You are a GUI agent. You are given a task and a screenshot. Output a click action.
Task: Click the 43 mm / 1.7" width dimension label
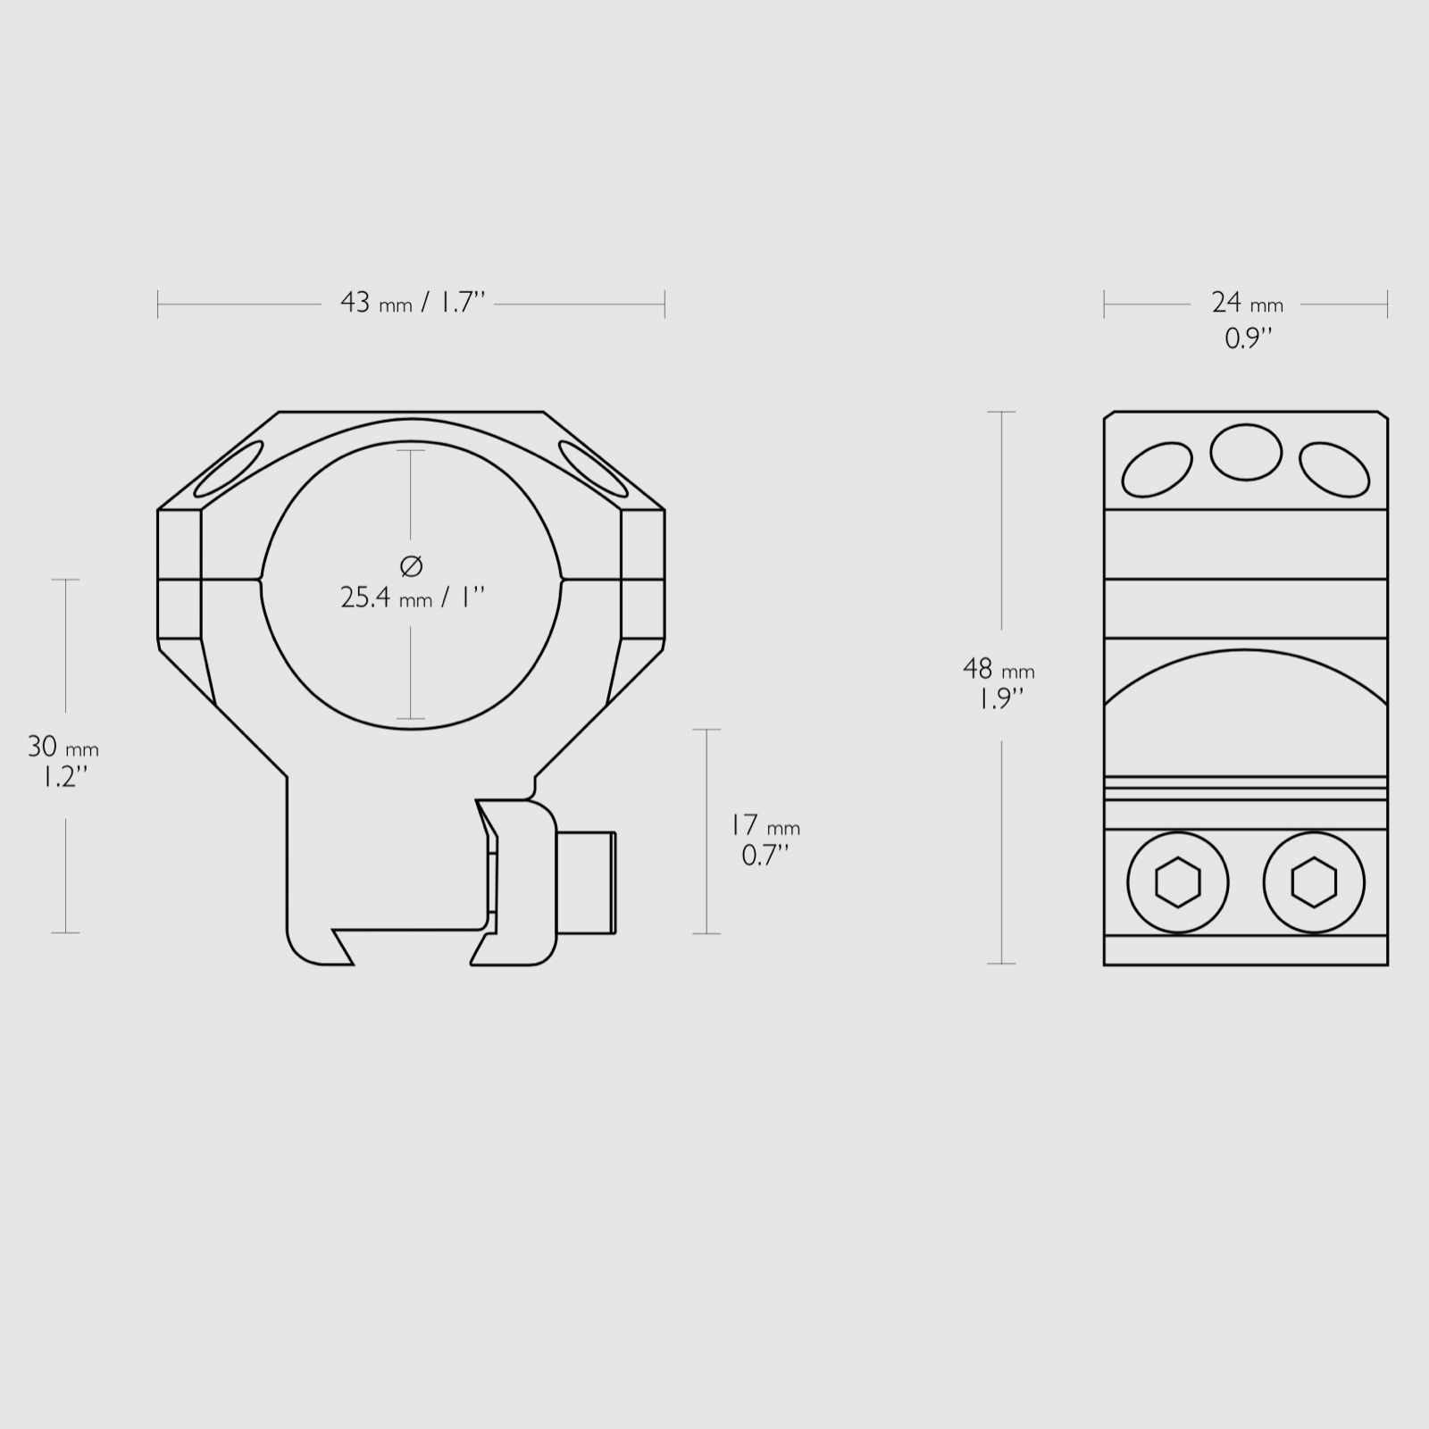412,303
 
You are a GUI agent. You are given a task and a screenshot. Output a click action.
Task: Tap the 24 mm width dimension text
1247,304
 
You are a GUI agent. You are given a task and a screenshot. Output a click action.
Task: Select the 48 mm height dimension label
999,669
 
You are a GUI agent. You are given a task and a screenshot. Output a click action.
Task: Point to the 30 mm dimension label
63,746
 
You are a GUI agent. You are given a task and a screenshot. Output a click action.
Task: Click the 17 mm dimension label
764,825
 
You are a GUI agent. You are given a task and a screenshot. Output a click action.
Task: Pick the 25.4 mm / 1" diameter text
412,598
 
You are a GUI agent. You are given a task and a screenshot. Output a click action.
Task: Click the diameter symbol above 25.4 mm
411,564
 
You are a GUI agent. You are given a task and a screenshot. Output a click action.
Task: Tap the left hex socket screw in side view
1178,883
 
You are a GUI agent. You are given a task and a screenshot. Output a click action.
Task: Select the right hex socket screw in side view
1314,883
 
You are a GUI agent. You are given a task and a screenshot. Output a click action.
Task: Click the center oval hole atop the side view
1246,452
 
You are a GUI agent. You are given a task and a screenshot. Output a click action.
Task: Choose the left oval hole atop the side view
1157,470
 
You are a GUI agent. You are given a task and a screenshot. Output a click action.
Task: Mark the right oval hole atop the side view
1334,470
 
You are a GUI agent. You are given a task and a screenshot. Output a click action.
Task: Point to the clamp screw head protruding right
587,882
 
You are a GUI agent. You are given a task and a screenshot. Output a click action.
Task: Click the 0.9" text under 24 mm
1247,338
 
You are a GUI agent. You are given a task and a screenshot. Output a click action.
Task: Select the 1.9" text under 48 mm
999,698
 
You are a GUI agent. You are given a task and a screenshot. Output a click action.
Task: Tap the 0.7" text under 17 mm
765,856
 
